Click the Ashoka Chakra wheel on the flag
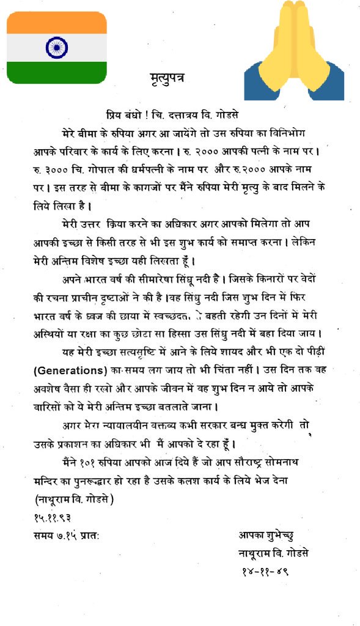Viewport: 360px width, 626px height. (x=56, y=48)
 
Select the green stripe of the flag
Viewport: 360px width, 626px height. (x=56, y=72)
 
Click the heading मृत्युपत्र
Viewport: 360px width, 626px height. (x=167, y=78)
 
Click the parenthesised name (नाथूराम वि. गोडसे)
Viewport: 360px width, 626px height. (x=74, y=499)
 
